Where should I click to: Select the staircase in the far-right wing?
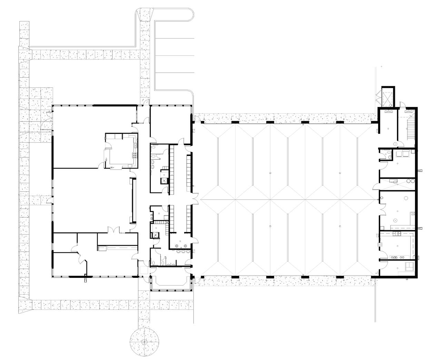tap(410, 130)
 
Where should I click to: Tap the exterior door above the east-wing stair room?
tap(402, 105)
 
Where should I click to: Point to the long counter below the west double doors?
tap(117, 247)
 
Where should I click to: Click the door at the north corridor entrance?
tap(147, 103)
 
